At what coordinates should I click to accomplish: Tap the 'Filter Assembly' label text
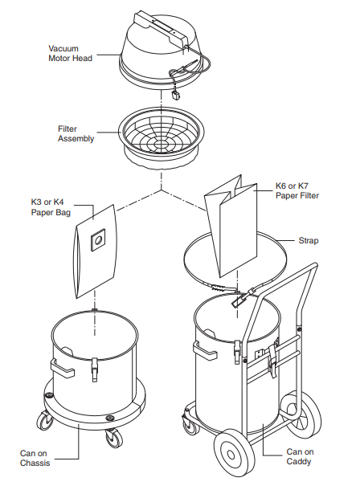tap(76, 133)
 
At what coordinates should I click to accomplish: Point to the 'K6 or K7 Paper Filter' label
tap(297, 190)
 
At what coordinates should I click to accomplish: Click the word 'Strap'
tap(308, 240)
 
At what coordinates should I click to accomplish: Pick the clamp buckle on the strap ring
tap(240, 303)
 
